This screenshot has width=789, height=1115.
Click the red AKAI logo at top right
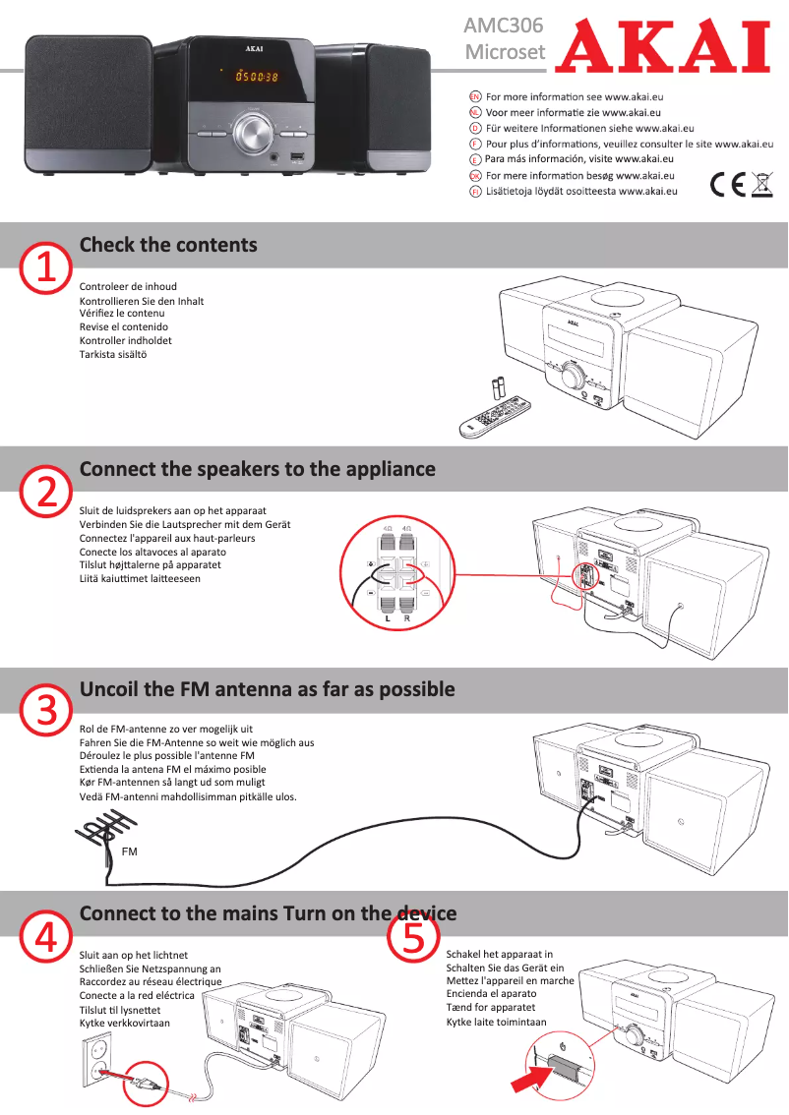click(x=661, y=46)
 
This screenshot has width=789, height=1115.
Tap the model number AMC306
click(x=503, y=26)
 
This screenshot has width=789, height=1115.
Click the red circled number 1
click(x=46, y=267)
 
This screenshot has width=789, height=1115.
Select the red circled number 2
click(x=46, y=492)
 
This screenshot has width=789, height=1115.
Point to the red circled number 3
click(x=46, y=712)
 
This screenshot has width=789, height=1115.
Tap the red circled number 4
click(x=46, y=938)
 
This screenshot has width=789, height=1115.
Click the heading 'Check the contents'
click(x=168, y=245)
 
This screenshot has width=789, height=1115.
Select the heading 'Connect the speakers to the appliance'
click(x=257, y=469)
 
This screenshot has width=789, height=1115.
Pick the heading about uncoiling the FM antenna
click(x=267, y=689)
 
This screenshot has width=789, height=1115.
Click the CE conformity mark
click(x=726, y=185)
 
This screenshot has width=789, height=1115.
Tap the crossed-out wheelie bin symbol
click(x=761, y=184)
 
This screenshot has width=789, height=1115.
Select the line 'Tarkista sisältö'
click(x=113, y=354)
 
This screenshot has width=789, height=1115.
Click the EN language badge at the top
click(x=475, y=97)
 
